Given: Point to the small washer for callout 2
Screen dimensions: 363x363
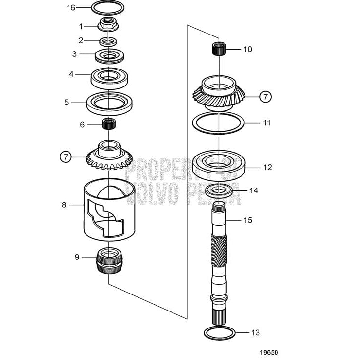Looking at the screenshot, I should [x=108, y=40].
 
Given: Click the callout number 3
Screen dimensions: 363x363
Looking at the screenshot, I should [x=74, y=54].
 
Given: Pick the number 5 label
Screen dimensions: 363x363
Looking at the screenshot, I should [x=67, y=103].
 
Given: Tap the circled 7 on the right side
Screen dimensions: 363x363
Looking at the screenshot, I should [x=265, y=97].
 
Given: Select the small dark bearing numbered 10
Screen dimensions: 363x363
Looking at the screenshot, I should [x=219, y=49].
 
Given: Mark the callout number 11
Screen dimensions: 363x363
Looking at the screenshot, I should [x=267, y=123].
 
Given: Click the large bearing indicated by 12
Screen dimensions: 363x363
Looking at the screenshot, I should [x=219, y=166].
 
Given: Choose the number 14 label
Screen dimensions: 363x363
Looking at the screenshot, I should [x=254, y=190].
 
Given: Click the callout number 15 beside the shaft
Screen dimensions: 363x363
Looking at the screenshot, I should [x=248, y=220].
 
